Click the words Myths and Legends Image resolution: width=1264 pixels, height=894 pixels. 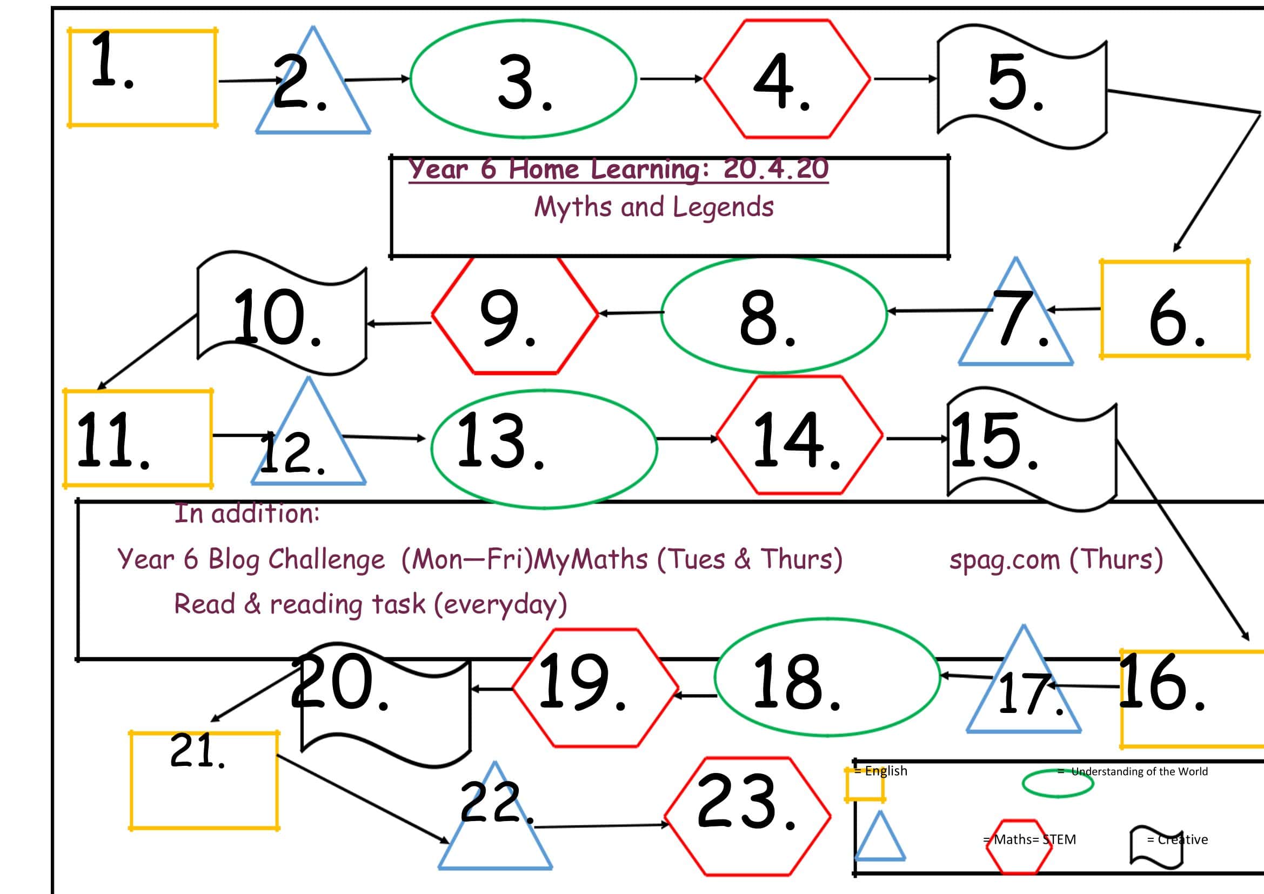[x=653, y=208]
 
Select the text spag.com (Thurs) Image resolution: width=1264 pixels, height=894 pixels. [x=1056, y=560]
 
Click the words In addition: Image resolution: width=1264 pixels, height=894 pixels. [x=246, y=513]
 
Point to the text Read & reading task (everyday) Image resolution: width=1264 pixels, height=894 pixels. [x=370, y=604]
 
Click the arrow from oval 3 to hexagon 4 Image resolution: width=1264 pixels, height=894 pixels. [x=672, y=79]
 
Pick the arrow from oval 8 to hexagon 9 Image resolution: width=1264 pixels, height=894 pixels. [x=631, y=312]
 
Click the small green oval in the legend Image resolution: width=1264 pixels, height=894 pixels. [x=1058, y=784]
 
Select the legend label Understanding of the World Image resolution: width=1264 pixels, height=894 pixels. [x=1139, y=772]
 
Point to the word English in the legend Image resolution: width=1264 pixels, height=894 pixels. [x=886, y=771]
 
